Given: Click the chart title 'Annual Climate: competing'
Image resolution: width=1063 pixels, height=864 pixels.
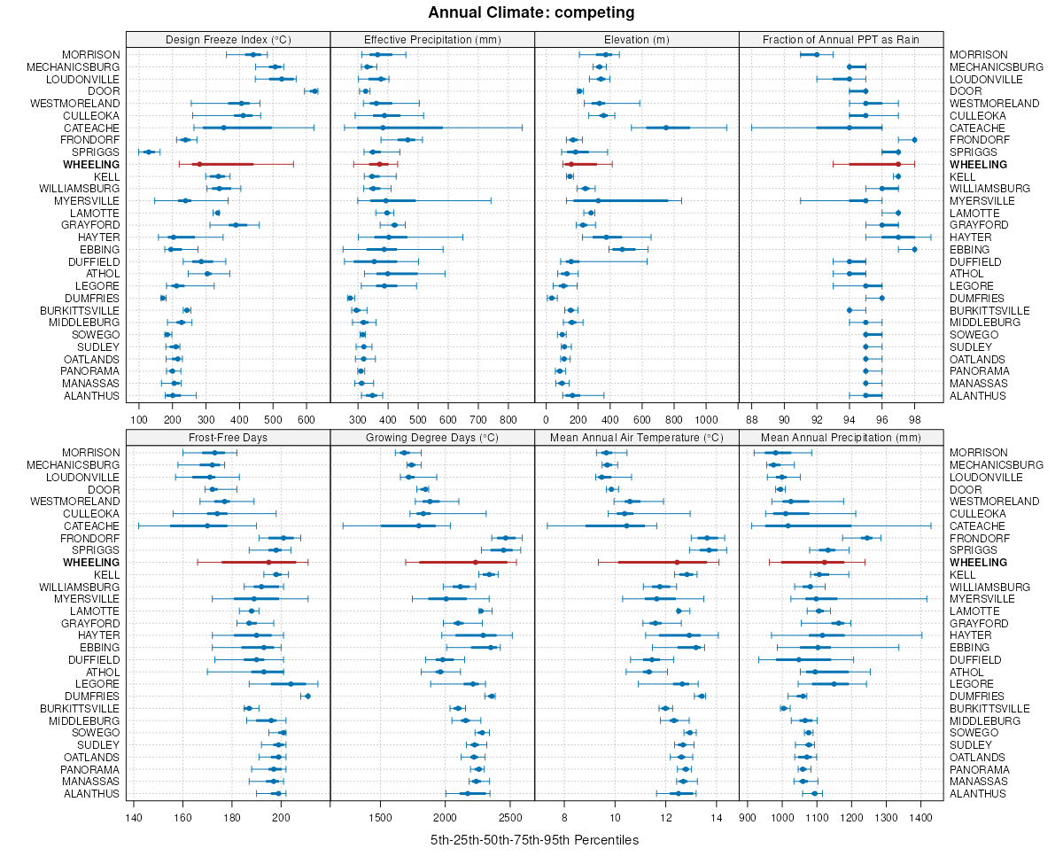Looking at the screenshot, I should pos(531,12).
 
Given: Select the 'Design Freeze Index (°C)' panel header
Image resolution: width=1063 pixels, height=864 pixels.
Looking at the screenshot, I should pos(228,39).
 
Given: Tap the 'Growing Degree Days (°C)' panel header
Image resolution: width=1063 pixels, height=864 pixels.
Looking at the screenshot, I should pos(432,437).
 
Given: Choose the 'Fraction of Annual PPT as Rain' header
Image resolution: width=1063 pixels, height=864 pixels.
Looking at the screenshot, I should pos(841,39).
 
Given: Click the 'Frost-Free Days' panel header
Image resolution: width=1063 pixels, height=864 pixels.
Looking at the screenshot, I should pos(228,437).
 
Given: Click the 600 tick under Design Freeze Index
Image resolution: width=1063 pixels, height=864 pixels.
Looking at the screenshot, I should pos(306,419).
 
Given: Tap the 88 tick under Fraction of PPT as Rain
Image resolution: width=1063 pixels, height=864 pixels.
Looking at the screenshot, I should pos(752,419).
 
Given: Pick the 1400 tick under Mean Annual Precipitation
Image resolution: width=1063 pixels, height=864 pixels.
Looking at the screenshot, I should pos(920,817).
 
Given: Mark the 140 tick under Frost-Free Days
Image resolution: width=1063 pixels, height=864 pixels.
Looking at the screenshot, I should pos(133,817).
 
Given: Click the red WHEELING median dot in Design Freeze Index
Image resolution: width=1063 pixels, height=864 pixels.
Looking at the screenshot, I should pos(199,164).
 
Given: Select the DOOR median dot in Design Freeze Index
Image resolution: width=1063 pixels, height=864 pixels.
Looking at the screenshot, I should pos(314,91).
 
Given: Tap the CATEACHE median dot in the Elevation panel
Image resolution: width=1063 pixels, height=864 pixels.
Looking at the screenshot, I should pos(666,128).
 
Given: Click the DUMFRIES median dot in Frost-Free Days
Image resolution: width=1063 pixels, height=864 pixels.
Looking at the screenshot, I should pos(307,697).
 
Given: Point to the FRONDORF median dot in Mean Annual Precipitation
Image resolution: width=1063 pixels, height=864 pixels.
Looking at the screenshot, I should pos(867,538).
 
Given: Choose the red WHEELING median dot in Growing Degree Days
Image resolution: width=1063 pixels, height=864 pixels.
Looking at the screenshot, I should pos(476,563).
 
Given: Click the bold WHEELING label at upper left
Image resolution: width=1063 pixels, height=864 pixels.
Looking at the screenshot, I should pos(92,165).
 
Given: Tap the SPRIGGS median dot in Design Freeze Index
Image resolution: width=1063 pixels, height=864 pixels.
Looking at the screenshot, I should pos(149,152).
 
